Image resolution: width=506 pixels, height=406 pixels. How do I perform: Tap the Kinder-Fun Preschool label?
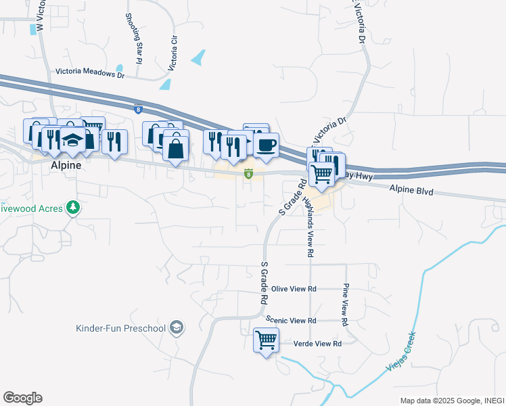(x=120, y=329)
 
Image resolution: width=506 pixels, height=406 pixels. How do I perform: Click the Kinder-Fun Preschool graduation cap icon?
(x=177, y=328)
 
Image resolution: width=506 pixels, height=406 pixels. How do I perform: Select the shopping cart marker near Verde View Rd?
(x=266, y=340)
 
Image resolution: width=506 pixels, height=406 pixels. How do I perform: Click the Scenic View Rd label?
(x=292, y=320)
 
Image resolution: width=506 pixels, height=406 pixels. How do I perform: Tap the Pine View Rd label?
(x=345, y=305)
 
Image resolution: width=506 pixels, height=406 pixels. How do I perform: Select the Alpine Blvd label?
(x=411, y=191)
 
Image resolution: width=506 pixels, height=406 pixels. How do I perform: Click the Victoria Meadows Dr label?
(x=91, y=70)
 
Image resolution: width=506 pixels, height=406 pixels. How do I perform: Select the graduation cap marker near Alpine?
(x=72, y=139)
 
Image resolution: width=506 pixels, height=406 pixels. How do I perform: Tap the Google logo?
(x=22, y=398)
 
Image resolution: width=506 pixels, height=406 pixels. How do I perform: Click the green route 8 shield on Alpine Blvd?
(x=249, y=175)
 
